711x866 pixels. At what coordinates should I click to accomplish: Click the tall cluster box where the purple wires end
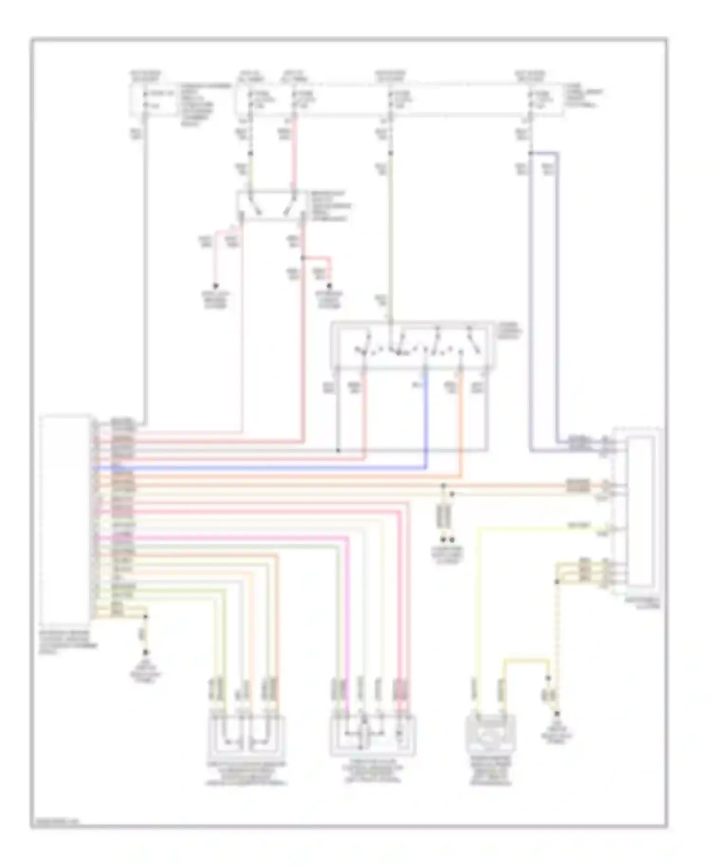[642, 512]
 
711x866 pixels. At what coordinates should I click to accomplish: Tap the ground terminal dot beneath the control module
[146, 653]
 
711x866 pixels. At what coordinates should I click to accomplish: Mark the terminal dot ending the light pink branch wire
[215, 286]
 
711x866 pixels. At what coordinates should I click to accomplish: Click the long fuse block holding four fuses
[398, 100]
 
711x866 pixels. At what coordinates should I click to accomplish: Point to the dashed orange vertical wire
[558, 640]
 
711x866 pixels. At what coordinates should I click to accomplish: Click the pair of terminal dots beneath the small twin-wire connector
[448, 540]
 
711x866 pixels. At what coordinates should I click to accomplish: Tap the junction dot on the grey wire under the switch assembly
[338, 450]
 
